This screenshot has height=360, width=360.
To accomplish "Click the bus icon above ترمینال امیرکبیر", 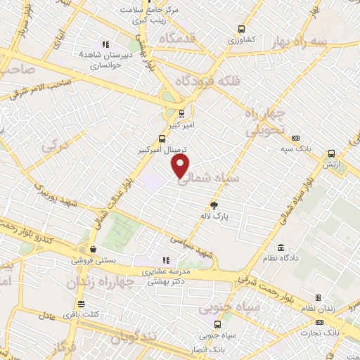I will tap(162, 139).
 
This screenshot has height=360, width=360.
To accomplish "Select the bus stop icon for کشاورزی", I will tap(242, 30).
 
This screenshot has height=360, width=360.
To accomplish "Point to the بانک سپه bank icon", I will tap(295, 138).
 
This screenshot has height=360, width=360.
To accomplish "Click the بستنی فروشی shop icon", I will tap(93, 248).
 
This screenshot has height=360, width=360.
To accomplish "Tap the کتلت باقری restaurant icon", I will tap(81, 304).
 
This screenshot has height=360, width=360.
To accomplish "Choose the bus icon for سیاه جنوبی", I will tap(217, 324).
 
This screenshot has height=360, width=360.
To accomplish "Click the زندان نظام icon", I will tap(318, 298).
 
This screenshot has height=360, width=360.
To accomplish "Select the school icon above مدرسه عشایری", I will tap(166, 260).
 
